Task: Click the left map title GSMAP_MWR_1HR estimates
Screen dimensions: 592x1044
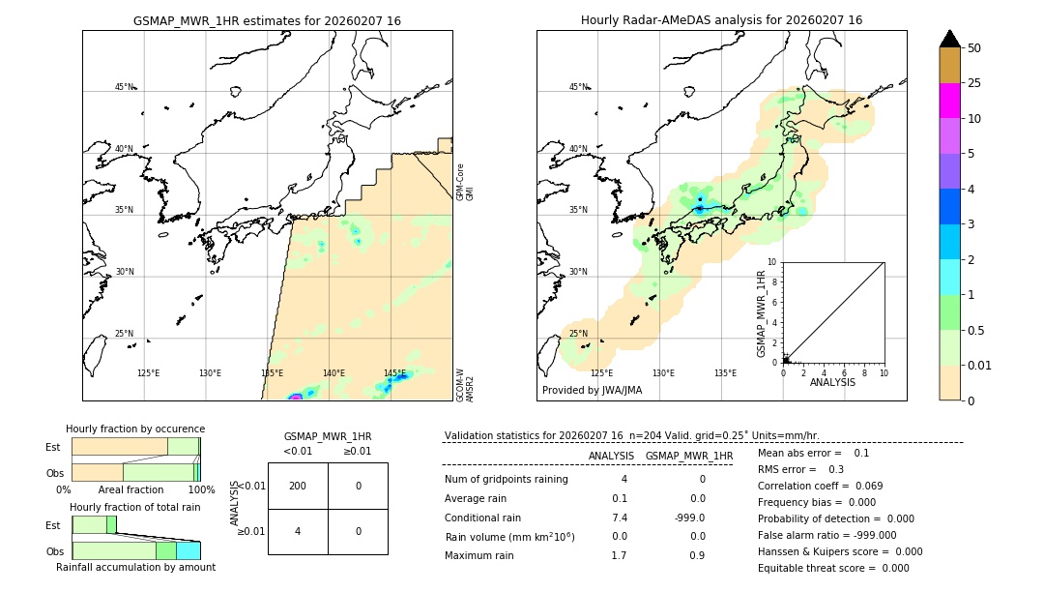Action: click(x=267, y=20)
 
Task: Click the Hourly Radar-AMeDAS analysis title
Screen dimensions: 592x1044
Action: click(x=721, y=20)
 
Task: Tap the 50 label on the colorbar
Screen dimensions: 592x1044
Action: click(x=974, y=48)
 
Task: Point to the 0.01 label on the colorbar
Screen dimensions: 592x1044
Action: click(x=980, y=366)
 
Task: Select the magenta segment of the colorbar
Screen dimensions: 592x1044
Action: click(x=949, y=101)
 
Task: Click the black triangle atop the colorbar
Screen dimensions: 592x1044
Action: click(x=949, y=39)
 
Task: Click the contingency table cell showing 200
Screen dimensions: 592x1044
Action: click(x=298, y=486)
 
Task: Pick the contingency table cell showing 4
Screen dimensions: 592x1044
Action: click(x=298, y=531)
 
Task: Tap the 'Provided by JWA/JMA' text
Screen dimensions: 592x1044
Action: click(x=592, y=391)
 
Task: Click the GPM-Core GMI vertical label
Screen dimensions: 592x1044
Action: click(x=465, y=182)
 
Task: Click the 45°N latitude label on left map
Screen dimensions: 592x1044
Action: click(x=124, y=87)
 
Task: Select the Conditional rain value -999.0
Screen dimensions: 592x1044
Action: click(x=688, y=518)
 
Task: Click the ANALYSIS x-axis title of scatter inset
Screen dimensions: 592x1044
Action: click(x=832, y=382)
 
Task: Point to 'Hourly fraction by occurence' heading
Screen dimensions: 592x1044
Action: click(x=135, y=429)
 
